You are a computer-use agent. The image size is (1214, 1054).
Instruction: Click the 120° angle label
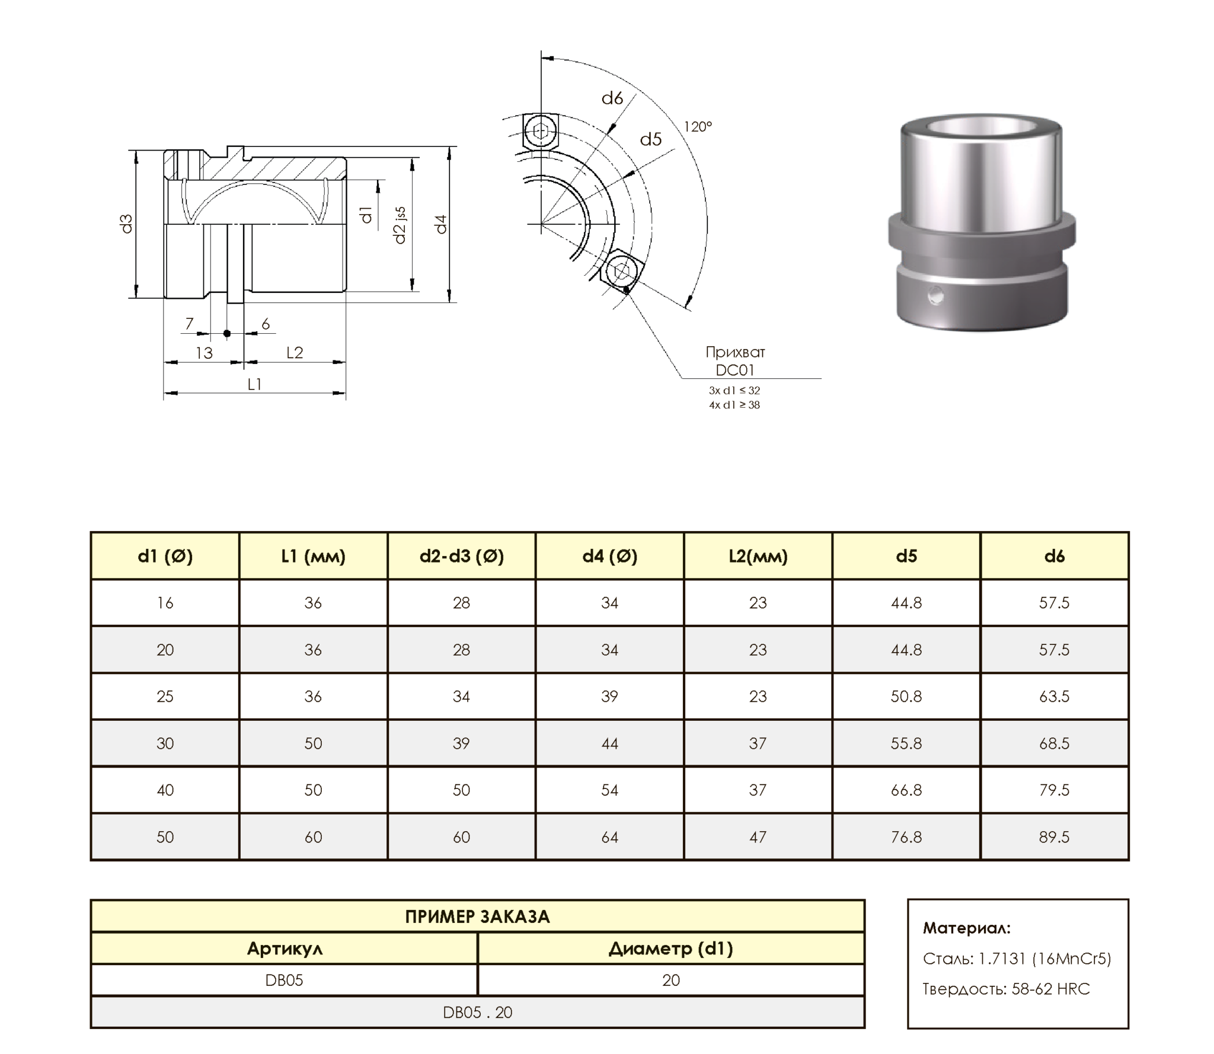[x=698, y=126]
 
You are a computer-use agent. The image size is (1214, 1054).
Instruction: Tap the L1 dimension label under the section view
[x=254, y=384]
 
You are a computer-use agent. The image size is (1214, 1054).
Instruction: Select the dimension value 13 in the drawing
[x=204, y=353]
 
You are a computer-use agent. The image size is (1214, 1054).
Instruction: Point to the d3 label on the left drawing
[x=126, y=223]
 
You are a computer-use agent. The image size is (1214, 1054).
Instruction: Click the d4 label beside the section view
[x=440, y=224]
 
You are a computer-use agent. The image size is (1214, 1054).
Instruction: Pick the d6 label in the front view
[x=612, y=98]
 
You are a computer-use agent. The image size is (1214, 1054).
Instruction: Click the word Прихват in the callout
[x=735, y=352]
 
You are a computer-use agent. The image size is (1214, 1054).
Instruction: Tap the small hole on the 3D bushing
[x=936, y=295]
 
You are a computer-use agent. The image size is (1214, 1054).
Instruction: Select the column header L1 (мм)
[x=313, y=556]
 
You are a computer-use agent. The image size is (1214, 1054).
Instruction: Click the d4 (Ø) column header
[x=609, y=556]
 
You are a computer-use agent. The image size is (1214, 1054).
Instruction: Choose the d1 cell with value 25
[x=165, y=697]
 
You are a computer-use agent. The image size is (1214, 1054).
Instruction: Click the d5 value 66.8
[x=906, y=790]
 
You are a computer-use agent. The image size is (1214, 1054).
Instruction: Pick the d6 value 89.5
[x=1054, y=837]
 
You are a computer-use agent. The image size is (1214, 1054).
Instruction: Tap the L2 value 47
[x=758, y=837]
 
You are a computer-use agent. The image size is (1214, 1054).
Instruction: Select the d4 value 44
[x=609, y=743]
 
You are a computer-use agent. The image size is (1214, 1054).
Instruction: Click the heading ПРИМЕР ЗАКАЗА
[x=477, y=917]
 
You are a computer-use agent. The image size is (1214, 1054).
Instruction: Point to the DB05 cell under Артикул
[x=284, y=980]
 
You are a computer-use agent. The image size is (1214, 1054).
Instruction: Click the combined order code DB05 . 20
[x=477, y=1013]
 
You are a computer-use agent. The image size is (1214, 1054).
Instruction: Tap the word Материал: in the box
[x=967, y=928]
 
